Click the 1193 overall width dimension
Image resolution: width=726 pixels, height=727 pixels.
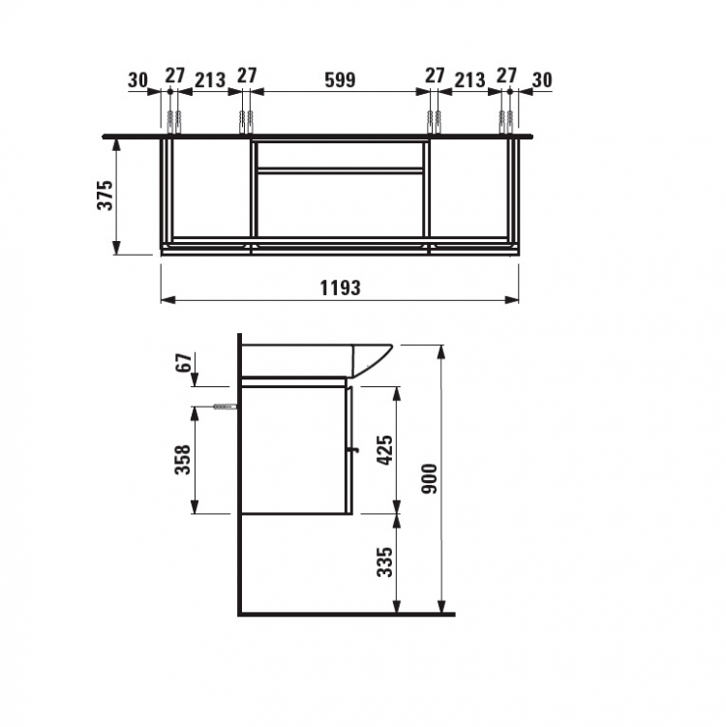[x=340, y=288]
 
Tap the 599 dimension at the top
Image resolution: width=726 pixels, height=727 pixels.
[x=340, y=79]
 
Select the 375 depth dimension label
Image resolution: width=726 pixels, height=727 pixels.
[x=106, y=196]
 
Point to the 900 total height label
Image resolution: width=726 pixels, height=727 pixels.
[x=430, y=478]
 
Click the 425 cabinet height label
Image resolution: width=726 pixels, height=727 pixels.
[x=385, y=450]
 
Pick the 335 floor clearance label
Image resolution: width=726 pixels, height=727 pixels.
[x=385, y=561]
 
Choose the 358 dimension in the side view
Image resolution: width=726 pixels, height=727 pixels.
[x=183, y=459]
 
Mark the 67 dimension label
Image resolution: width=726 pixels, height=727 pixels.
[x=184, y=362]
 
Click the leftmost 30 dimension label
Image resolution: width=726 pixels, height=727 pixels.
[x=137, y=79]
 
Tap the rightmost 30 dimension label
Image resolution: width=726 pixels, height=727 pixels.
[x=542, y=79]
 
